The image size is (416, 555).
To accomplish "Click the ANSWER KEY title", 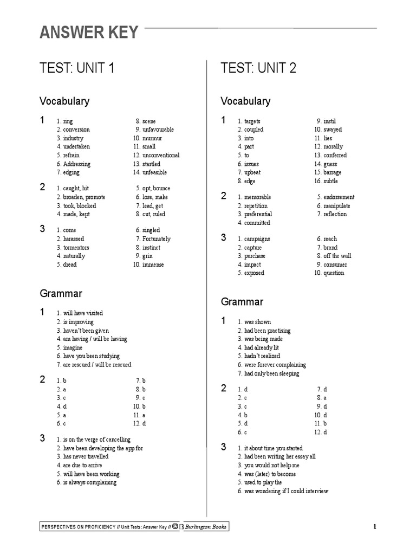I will pyautogui.click(x=89, y=33).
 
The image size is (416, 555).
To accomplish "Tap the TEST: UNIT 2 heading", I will pyautogui.click(x=258, y=68).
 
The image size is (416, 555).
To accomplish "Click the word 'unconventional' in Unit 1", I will pyautogui.click(x=161, y=156).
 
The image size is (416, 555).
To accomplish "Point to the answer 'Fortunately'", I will pyautogui.click(x=157, y=239).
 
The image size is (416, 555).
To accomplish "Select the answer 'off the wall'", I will pyautogui.click(x=337, y=256).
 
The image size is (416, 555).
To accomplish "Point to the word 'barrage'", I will pyautogui.click(x=333, y=172).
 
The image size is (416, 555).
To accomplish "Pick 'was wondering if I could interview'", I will pyautogui.click(x=286, y=491).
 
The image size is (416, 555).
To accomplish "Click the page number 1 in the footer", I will pyautogui.click(x=374, y=527).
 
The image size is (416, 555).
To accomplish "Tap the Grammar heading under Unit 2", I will pyautogui.click(x=242, y=302).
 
